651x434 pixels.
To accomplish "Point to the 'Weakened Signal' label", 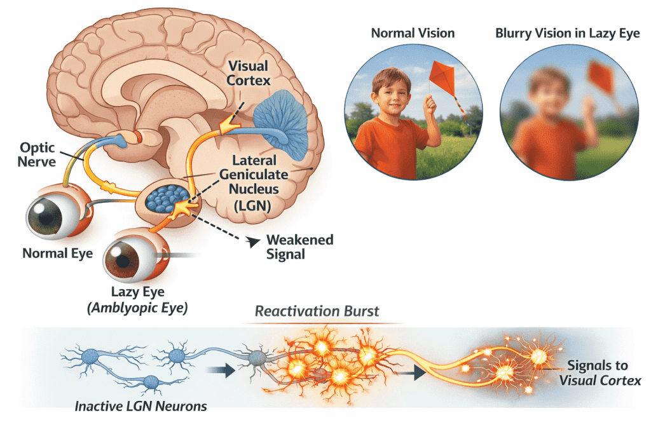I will click(299, 247).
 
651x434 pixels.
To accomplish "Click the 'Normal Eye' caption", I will click(58, 253).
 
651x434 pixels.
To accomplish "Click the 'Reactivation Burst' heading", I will click(317, 311).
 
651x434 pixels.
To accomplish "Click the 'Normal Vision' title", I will click(414, 33).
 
